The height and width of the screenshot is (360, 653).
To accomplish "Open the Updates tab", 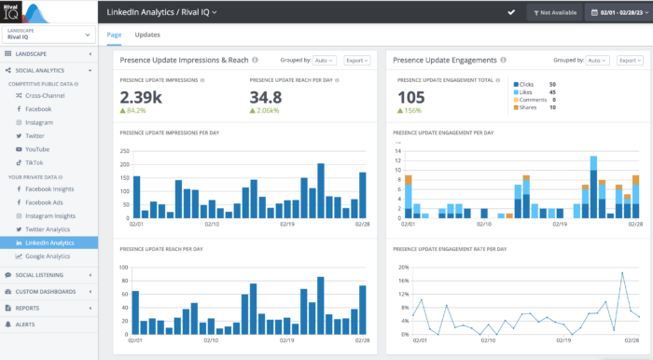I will (146, 35).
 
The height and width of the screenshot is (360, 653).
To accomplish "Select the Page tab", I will (114, 35).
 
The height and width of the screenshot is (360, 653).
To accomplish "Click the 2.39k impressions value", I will (142, 97).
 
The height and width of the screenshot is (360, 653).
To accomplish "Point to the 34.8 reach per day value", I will (267, 97).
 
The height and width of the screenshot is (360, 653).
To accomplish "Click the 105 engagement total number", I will (411, 97).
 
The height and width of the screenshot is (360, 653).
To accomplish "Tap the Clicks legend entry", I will (528, 84).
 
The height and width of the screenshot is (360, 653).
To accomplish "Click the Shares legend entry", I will (530, 107).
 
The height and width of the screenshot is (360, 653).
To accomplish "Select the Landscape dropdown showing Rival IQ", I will (49, 35).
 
